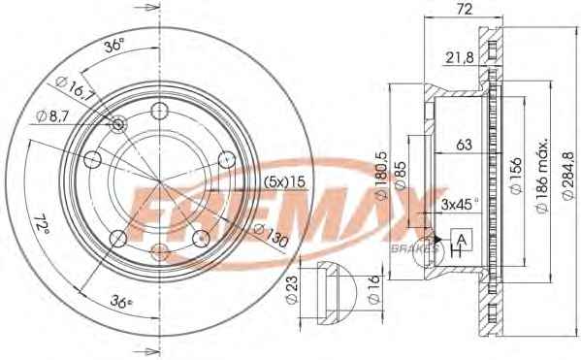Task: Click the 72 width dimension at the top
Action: [464, 9]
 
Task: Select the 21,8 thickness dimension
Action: [459, 57]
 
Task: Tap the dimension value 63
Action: [464, 145]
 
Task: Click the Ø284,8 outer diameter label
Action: [568, 176]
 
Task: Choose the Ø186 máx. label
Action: [542, 176]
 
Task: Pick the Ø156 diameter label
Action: [516, 176]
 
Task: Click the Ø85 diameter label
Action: [400, 176]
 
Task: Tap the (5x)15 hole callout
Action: [284, 181]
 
